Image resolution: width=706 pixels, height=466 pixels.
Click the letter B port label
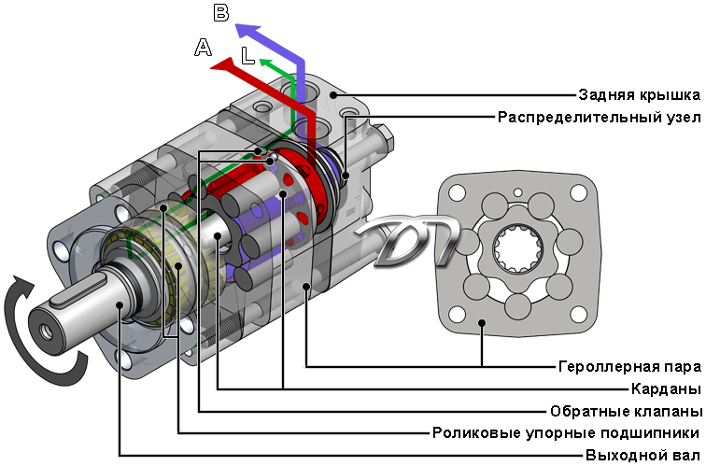click(221, 12)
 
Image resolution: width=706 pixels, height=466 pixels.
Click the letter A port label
click(203, 48)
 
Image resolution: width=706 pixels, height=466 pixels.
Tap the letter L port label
click(247, 56)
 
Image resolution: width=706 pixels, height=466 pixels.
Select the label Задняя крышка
click(640, 95)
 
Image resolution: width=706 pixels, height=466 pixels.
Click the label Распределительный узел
click(600, 118)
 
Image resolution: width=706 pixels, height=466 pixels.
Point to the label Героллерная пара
click(630, 366)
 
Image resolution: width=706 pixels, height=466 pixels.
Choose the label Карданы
click(667, 388)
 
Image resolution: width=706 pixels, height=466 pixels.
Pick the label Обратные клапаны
click(626, 411)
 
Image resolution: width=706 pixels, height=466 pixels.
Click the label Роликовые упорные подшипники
click(566, 433)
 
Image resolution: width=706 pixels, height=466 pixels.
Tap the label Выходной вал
click(642, 455)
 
